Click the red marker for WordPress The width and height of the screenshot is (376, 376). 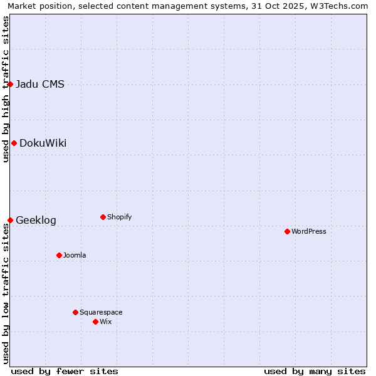coord(287,231)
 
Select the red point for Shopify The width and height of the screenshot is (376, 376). coord(103,217)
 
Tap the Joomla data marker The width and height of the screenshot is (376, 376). coord(59,255)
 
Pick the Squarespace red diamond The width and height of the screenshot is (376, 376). coord(75,312)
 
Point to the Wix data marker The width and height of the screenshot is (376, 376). coord(95,321)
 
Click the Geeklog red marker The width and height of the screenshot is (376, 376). coord(10,220)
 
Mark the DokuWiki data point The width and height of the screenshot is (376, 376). coord(14,143)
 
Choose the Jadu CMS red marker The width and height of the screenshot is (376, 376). coord(10,84)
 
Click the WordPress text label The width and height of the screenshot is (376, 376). coord(309,231)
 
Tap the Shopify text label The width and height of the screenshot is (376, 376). coord(120,217)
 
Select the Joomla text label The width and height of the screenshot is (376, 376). coord(75,255)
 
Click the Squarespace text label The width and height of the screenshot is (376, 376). coord(101,312)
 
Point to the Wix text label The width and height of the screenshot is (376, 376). coord(106,321)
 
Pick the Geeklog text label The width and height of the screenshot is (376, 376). coord(36,220)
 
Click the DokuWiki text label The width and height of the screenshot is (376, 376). coord(43,143)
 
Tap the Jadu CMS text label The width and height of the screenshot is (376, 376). coord(39,84)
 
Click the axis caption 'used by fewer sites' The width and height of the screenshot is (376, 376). coord(65,371)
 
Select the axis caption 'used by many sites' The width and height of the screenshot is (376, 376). coord(315,371)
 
